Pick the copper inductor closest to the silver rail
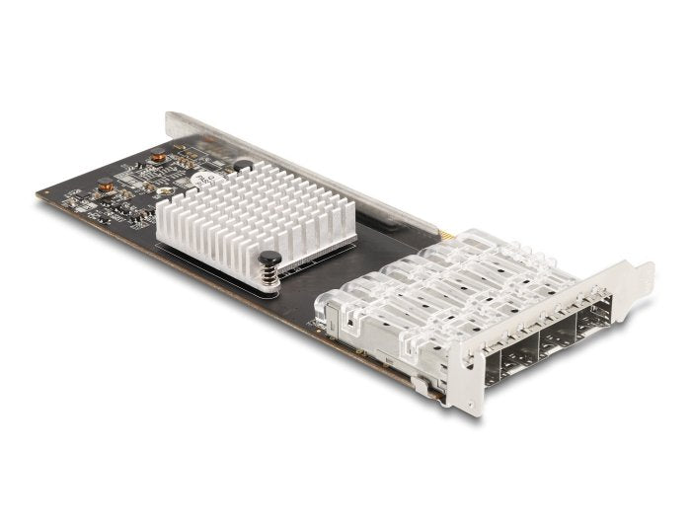tap(156, 157)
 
